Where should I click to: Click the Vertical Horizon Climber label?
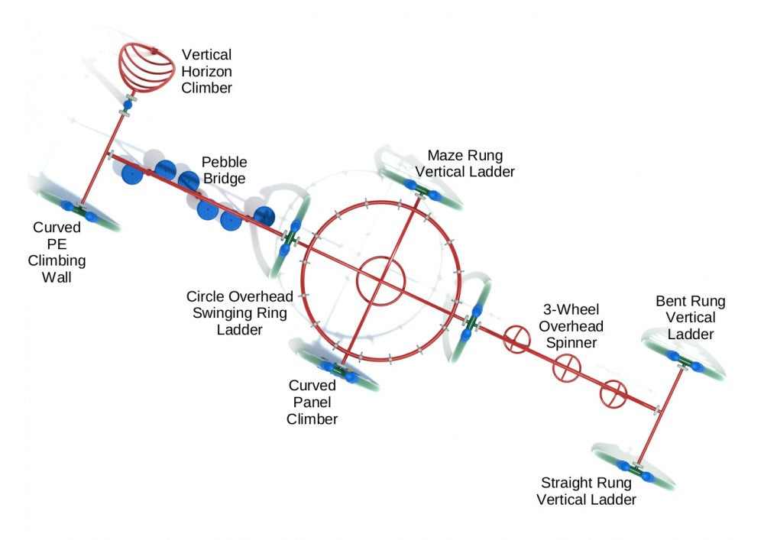pyautogui.click(x=206, y=72)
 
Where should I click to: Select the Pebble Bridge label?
pyautogui.click(x=223, y=170)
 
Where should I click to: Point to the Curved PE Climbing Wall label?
pyautogui.click(x=59, y=253)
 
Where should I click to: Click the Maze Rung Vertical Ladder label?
pyautogui.click(x=471, y=163)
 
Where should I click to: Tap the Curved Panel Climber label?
pyautogui.click(x=312, y=403)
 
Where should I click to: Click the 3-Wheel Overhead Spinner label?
pyautogui.click(x=569, y=326)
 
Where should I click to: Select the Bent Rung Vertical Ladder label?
pyautogui.click(x=690, y=318)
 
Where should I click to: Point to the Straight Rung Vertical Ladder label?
pyautogui.click(x=586, y=491)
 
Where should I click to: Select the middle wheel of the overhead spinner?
pyautogui.click(x=566, y=367)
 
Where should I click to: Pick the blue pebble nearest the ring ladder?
pyautogui.click(x=264, y=216)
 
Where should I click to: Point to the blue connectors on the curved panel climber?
pyautogui.click(x=342, y=372)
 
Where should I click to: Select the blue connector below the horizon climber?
pyautogui.click(x=128, y=103)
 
